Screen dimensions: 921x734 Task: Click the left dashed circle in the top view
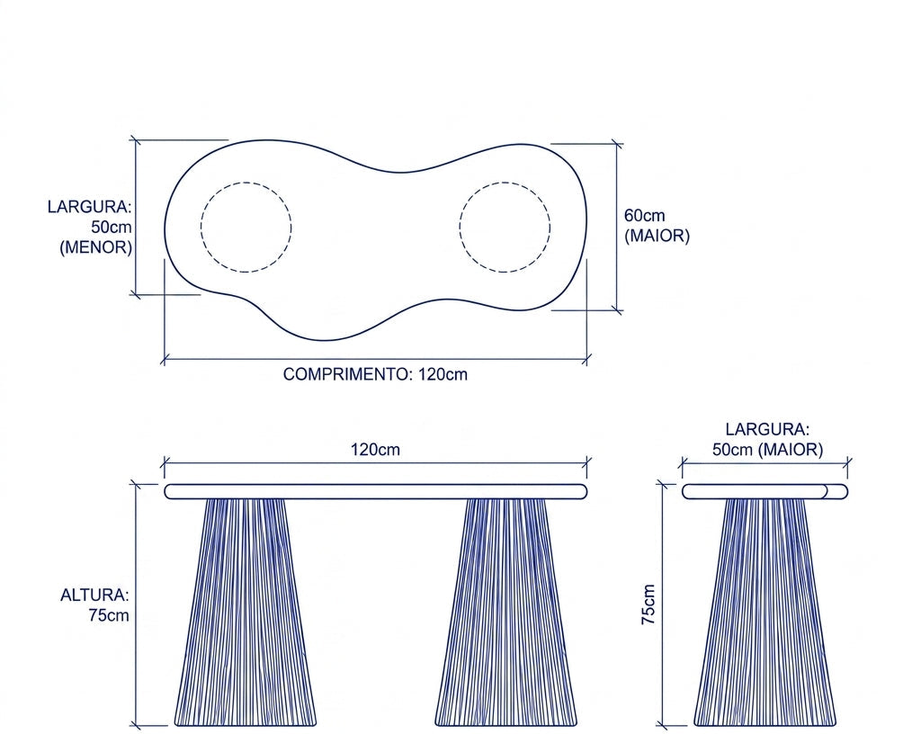pyautogui.click(x=201, y=228)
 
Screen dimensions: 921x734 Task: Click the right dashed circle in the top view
pyautogui.click(x=460, y=228)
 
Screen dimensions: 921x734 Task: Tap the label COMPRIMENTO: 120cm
pyautogui.click(x=375, y=374)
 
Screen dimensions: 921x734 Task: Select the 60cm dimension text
pyautogui.click(x=644, y=216)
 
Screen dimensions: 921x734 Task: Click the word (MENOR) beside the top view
pyautogui.click(x=95, y=247)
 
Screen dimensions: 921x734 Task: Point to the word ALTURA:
pyautogui.click(x=94, y=595)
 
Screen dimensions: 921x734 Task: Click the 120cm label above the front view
pyautogui.click(x=375, y=450)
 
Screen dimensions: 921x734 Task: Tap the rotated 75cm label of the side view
pyautogui.click(x=648, y=604)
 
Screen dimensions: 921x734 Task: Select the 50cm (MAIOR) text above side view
pyautogui.click(x=768, y=450)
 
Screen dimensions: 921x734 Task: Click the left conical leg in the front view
pyautogui.click(x=245, y=612)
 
